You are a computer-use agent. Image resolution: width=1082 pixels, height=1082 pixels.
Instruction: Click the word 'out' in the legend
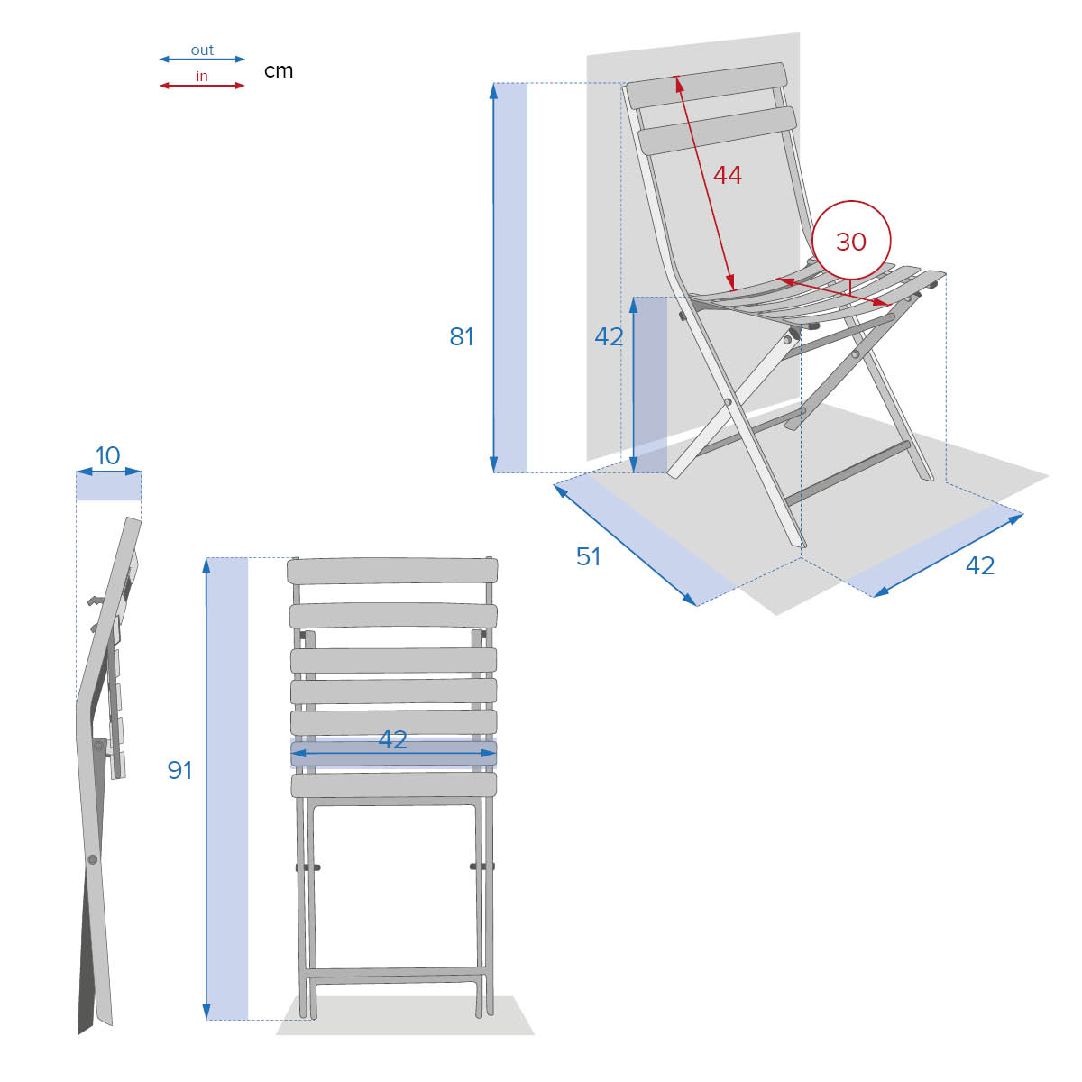click(202, 50)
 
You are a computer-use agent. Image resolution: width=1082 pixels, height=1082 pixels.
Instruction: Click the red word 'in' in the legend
click(202, 76)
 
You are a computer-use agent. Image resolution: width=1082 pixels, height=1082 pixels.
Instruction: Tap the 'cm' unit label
click(279, 71)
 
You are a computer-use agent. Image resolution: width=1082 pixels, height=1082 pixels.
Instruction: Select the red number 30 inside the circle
click(850, 242)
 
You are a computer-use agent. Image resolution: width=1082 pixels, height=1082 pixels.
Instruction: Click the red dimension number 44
click(727, 175)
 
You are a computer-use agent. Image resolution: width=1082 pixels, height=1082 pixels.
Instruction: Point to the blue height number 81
click(462, 337)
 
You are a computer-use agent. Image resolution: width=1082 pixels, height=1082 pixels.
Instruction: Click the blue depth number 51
click(589, 556)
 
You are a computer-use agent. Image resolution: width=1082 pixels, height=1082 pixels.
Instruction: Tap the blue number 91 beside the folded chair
click(179, 770)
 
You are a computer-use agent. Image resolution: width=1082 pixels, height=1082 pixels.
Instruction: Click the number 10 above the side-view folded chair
click(107, 455)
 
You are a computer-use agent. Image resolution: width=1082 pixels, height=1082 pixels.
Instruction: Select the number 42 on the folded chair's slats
click(392, 739)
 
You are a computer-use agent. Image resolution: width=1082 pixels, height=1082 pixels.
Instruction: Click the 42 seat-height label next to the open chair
click(609, 337)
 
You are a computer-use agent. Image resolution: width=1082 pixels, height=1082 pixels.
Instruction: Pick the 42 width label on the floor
click(980, 565)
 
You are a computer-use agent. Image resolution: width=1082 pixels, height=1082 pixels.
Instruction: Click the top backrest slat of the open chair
click(706, 86)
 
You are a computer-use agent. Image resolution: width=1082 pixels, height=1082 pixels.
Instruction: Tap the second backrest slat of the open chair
click(717, 131)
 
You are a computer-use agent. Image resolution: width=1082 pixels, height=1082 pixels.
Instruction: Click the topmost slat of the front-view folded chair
click(392, 571)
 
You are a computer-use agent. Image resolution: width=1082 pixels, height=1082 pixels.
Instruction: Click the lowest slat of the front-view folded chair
click(394, 785)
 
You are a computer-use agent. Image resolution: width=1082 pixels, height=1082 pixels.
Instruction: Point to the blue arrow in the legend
click(202, 59)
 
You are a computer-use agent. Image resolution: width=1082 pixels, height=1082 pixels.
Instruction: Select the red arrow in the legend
click(202, 86)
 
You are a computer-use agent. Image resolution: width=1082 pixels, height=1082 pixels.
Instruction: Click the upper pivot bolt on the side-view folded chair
click(99, 746)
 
